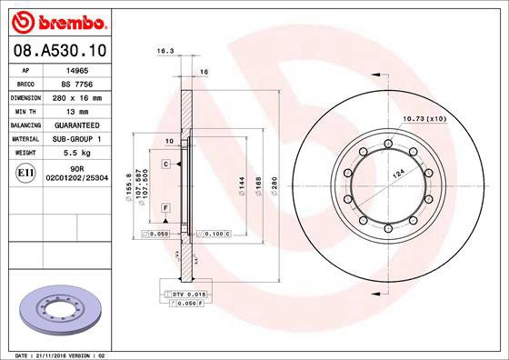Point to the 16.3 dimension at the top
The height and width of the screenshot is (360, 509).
(165, 51)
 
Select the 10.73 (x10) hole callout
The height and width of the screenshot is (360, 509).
(423, 118)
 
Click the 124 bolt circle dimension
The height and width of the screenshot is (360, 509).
(398, 173)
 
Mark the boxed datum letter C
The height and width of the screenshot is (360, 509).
(166, 164)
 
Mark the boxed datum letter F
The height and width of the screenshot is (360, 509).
(166, 208)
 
